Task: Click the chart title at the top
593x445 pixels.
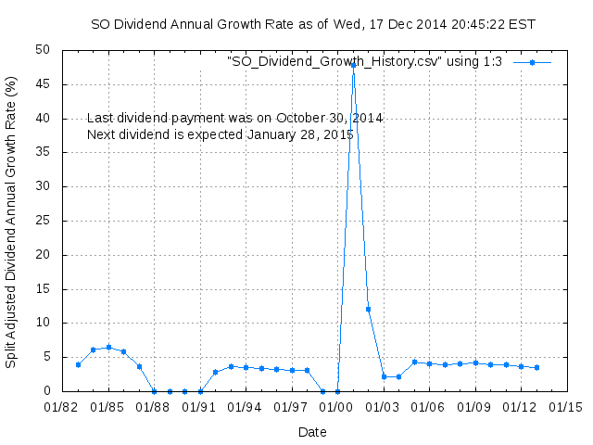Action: [x=312, y=24]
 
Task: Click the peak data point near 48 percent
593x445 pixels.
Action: [x=353, y=65]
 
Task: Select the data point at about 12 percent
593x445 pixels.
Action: [x=368, y=309]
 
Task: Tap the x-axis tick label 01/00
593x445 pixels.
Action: [x=337, y=407]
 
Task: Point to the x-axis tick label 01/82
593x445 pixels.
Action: [x=63, y=407]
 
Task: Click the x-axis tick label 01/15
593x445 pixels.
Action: [x=566, y=407]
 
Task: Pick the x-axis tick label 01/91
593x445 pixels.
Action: [x=200, y=407]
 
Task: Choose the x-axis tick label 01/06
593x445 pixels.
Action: [x=429, y=407]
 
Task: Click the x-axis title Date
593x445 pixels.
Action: [x=312, y=432]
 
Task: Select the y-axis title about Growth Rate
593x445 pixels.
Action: [x=11, y=221]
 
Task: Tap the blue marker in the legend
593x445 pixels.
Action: [x=532, y=62]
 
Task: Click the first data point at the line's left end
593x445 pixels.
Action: [x=78, y=364]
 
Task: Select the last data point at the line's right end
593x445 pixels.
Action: [x=536, y=367]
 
